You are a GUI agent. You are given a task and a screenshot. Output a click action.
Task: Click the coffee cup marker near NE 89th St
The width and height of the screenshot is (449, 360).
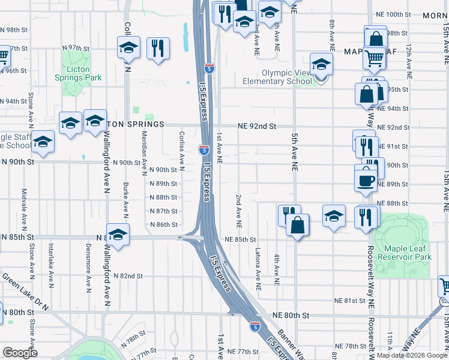[366, 179]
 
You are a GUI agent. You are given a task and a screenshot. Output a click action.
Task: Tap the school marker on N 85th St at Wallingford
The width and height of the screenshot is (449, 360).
[118, 235]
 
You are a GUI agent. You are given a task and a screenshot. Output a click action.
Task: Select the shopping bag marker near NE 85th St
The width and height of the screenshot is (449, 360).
[298, 226]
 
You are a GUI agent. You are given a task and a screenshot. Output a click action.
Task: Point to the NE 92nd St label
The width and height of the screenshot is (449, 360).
[256, 127]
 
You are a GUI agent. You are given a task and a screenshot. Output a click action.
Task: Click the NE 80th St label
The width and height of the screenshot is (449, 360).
[290, 314]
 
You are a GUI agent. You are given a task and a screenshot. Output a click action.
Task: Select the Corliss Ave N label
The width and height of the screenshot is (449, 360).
[181, 150]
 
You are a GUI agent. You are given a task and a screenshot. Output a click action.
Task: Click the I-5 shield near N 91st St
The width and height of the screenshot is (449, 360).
[203, 148]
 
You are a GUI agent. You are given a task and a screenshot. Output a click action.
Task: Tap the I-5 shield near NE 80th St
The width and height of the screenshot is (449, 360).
[255, 326]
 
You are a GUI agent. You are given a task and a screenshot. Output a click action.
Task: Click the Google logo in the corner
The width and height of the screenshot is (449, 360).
[20, 353]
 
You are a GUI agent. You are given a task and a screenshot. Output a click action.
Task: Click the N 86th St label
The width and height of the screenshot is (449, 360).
[163, 224]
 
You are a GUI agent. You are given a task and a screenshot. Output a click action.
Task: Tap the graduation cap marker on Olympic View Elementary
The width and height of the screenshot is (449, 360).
[321, 64]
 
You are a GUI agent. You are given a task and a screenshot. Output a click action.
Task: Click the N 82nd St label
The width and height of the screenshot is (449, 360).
[130, 276]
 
